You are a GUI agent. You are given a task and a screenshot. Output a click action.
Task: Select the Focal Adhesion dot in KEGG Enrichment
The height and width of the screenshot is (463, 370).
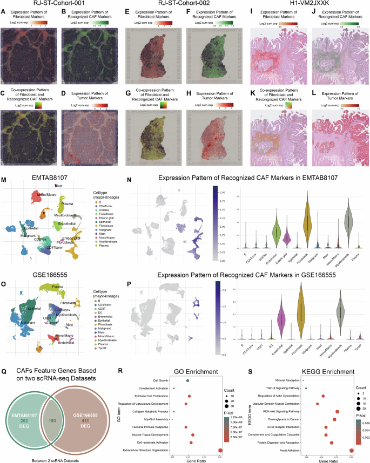click(x=352, y=450)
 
